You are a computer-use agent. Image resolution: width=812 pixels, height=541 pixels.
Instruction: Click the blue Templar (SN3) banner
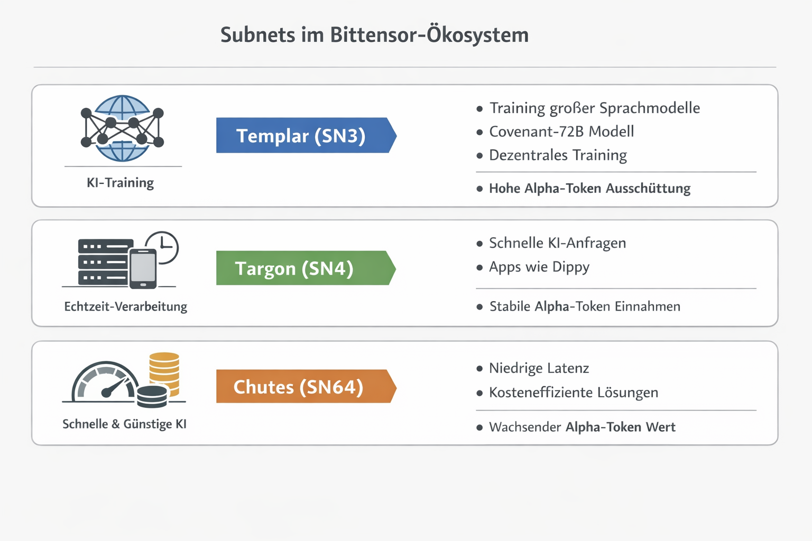click(x=306, y=135)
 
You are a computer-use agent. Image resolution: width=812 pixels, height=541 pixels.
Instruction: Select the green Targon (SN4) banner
click(x=306, y=268)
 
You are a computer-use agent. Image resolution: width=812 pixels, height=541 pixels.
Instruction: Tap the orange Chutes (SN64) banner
click(x=306, y=386)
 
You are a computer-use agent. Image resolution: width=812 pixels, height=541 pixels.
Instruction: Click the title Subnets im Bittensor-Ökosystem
click(x=374, y=35)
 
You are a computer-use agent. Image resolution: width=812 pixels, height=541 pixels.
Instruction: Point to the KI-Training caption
click(x=121, y=183)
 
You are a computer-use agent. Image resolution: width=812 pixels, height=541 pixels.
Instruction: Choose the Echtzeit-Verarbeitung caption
click(x=126, y=306)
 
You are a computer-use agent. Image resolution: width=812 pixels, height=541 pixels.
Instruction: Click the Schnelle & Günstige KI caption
click(x=124, y=424)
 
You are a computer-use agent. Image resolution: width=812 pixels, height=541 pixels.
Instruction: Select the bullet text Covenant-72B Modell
click(x=561, y=132)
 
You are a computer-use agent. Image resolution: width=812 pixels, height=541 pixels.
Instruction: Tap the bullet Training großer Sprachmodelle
click(x=595, y=108)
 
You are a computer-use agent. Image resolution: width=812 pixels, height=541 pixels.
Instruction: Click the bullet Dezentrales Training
click(x=558, y=155)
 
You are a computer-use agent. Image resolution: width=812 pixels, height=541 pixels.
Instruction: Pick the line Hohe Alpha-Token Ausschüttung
click(x=590, y=189)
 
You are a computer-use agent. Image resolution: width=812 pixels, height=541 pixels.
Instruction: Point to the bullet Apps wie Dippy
click(x=539, y=267)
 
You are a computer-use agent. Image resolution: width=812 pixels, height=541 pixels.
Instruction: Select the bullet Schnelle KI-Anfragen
click(x=558, y=243)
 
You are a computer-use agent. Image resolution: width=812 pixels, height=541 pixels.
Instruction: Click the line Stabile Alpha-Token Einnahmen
click(x=585, y=306)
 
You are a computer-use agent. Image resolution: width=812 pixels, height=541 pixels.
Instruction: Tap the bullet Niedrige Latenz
click(x=539, y=368)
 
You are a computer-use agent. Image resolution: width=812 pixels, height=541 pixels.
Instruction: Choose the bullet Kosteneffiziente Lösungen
click(x=574, y=393)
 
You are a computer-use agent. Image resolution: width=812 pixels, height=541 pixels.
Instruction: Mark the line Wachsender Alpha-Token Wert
click(x=582, y=427)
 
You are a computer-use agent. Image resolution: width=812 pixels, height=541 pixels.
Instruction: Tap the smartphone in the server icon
click(x=143, y=268)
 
